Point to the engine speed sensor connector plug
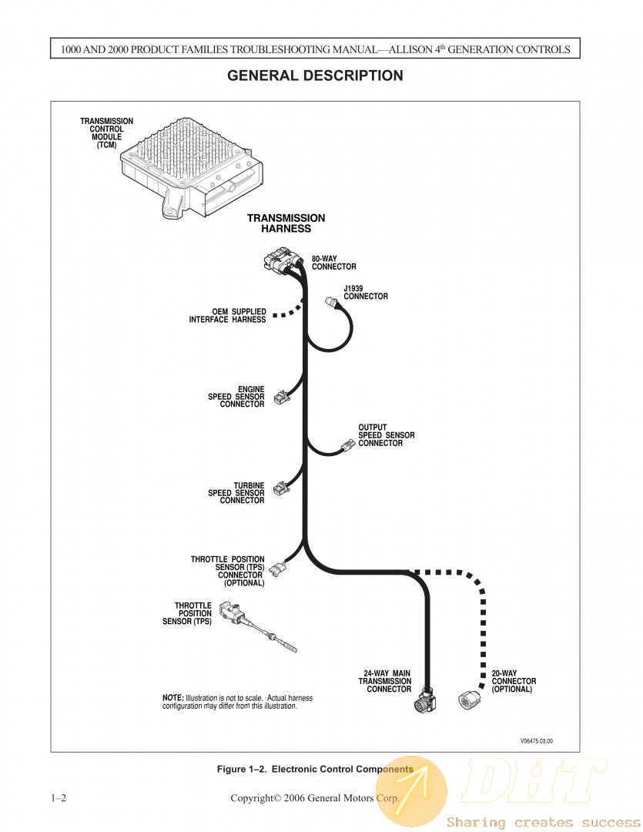coord(282,397)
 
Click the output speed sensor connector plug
coord(348,446)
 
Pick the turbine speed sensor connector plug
coord(282,488)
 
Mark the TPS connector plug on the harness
coord(274,569)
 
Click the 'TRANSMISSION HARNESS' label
coord(286,223)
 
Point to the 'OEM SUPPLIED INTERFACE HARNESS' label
coord(227,316)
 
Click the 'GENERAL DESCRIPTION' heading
coord(315,76)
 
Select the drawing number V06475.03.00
coord(537,741)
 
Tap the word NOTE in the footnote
coord(172,698)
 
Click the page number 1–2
coord(59,798)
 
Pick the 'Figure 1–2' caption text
coord(314,769)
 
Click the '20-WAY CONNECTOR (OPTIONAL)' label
coord(514,681)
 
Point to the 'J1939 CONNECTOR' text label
coord(366,293)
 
